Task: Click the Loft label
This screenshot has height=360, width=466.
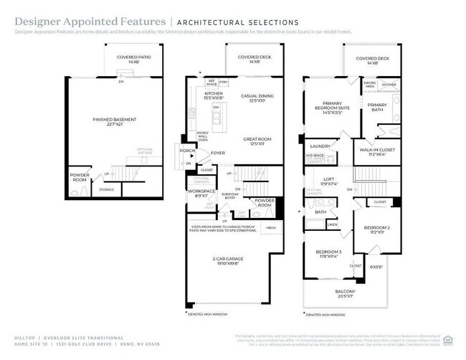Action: point(329,181)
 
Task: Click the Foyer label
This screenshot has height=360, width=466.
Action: point(218,153)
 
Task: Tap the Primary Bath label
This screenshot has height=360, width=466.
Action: point(377,107)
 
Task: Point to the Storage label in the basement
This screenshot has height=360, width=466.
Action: point(107,189)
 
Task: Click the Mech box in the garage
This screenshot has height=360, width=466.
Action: point(271,228)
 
